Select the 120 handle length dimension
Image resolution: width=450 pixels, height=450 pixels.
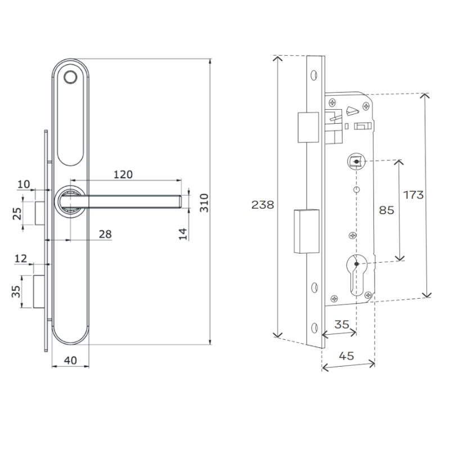coord(123,174)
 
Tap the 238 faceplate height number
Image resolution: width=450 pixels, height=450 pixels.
coord(263,205)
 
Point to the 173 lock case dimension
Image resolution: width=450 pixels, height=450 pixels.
coord(413,195)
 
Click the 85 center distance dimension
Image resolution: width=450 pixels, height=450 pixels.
coord(386,210)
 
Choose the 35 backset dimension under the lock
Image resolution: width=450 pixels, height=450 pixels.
coord(341,324)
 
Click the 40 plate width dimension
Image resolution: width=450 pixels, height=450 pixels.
coord(70,360)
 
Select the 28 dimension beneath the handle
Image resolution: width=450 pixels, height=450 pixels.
coord(105,234)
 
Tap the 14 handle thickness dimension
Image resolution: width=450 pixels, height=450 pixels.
coord(183,232)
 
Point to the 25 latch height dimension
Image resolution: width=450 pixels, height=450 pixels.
coord(17,214)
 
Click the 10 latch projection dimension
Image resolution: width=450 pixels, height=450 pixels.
coord(24,184)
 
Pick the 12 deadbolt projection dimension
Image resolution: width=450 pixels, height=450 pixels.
coord(21,258)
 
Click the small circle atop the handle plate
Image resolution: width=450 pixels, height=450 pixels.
coord(70,78)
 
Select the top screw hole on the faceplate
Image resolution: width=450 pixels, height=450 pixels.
coord(314,73)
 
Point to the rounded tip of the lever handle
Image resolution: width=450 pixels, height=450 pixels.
coord(179,201)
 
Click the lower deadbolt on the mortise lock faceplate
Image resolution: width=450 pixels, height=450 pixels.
coord(306,231)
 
